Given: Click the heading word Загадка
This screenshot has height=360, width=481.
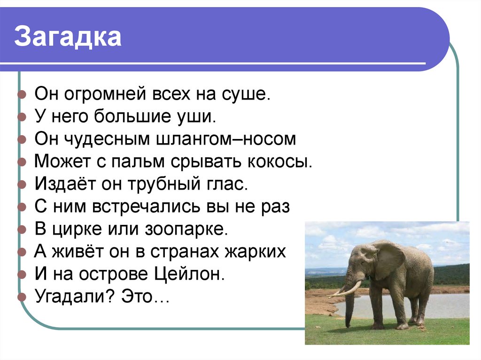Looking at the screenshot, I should coord(68,38).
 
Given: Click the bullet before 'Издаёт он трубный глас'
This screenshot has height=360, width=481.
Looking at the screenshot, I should coord(21,184).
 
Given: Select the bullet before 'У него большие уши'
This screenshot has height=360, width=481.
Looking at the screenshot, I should coord(21,117).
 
